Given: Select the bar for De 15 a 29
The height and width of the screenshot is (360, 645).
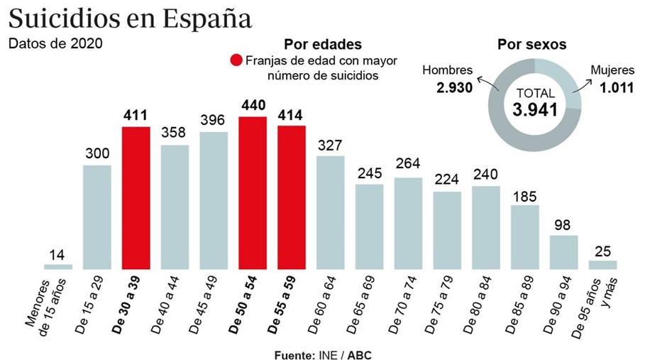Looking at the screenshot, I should [97, 217].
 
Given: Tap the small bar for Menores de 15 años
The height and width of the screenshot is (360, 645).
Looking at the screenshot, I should [58, 267].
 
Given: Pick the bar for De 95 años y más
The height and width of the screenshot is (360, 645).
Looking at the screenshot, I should [602, 265].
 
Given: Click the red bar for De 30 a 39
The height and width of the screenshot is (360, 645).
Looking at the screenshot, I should [136, 198].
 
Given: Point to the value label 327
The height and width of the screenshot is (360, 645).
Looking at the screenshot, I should [330, 145].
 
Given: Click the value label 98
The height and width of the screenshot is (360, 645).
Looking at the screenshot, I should [563, 224].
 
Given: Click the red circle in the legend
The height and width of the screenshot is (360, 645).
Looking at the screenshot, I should [236, 60].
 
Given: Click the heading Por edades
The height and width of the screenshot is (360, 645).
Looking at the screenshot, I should [323, 44].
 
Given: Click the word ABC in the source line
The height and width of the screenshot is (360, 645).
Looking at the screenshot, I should [359, 354].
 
